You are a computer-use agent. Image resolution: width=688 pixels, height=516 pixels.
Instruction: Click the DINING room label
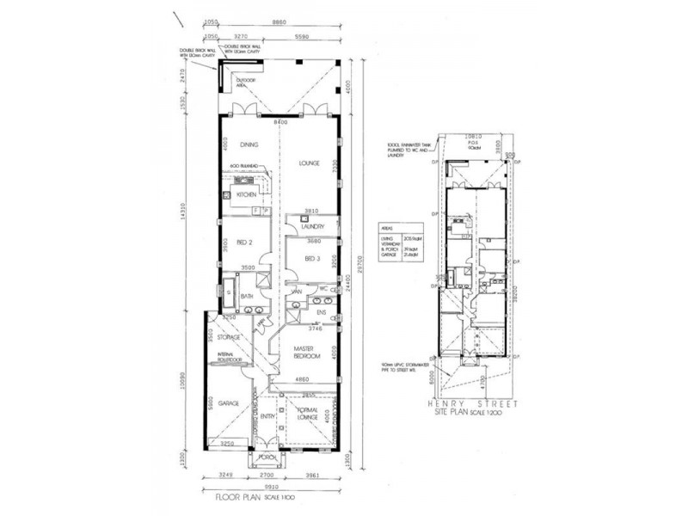[249, 145]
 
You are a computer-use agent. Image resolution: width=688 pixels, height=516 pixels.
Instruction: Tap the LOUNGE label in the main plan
[310, 163]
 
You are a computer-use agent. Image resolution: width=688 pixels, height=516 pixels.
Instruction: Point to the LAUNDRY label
[310, 226]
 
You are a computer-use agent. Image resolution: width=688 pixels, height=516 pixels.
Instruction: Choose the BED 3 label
[312, 259]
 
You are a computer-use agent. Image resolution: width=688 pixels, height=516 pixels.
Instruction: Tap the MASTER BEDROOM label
[306, 352]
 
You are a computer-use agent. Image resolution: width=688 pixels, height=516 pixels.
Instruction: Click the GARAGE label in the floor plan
[227, 402]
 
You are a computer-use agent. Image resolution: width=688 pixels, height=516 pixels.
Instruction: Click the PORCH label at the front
[266, 457]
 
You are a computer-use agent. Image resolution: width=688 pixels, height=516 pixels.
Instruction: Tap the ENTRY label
[267, 416]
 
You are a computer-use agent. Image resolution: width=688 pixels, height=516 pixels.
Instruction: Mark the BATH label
[246, 296]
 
